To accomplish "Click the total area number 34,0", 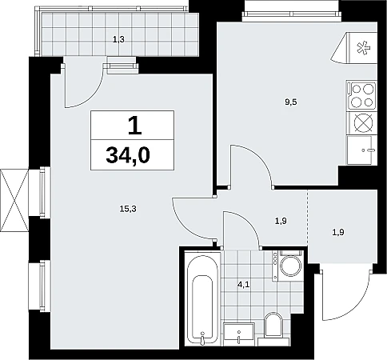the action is (x=128, y=156).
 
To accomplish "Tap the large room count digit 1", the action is (x=134, y=126).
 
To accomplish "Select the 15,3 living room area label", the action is (x=128, y=209).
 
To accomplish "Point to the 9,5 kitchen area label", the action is (x=291, y=102).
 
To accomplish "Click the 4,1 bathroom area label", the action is (x=243, y=285).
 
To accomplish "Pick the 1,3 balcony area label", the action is (x=118, y=40).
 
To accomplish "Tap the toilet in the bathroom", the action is (x=273, y=326).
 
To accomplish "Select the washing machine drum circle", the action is (x=290, y=266).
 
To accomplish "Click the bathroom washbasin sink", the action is (x=239, y=334).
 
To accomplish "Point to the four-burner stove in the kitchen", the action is (x=361, y=95).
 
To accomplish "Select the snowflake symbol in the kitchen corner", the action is (x=364, y=48).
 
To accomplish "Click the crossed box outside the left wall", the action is (x=14, y=201).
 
